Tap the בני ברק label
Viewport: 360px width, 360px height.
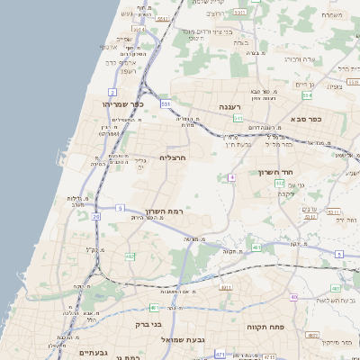click(147, 324)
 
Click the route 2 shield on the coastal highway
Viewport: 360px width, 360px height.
click(112, 92)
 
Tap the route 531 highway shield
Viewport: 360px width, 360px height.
click(166, 104)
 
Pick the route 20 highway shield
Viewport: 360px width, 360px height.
click(96, 216)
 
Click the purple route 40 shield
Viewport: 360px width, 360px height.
click(293, 296)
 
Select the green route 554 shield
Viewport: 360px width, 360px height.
click(307, 94)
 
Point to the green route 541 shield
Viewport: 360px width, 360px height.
click(238, 118)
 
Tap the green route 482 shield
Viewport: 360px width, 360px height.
click(130, 256)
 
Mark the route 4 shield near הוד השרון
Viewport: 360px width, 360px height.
click(231, 177)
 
